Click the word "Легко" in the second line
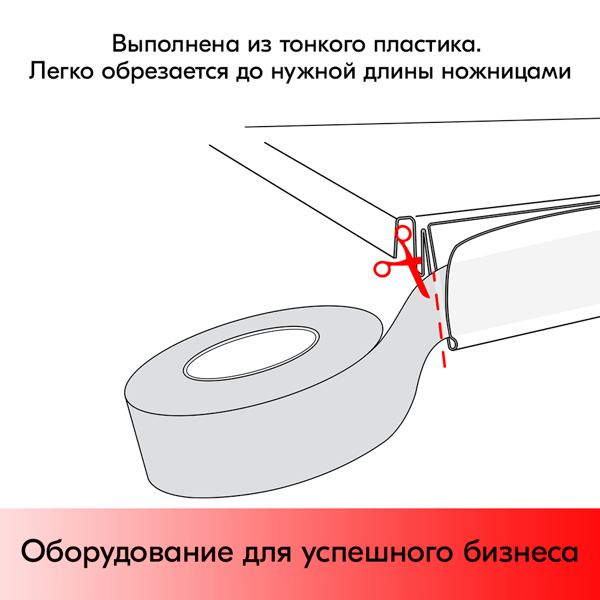click(62, 72)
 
